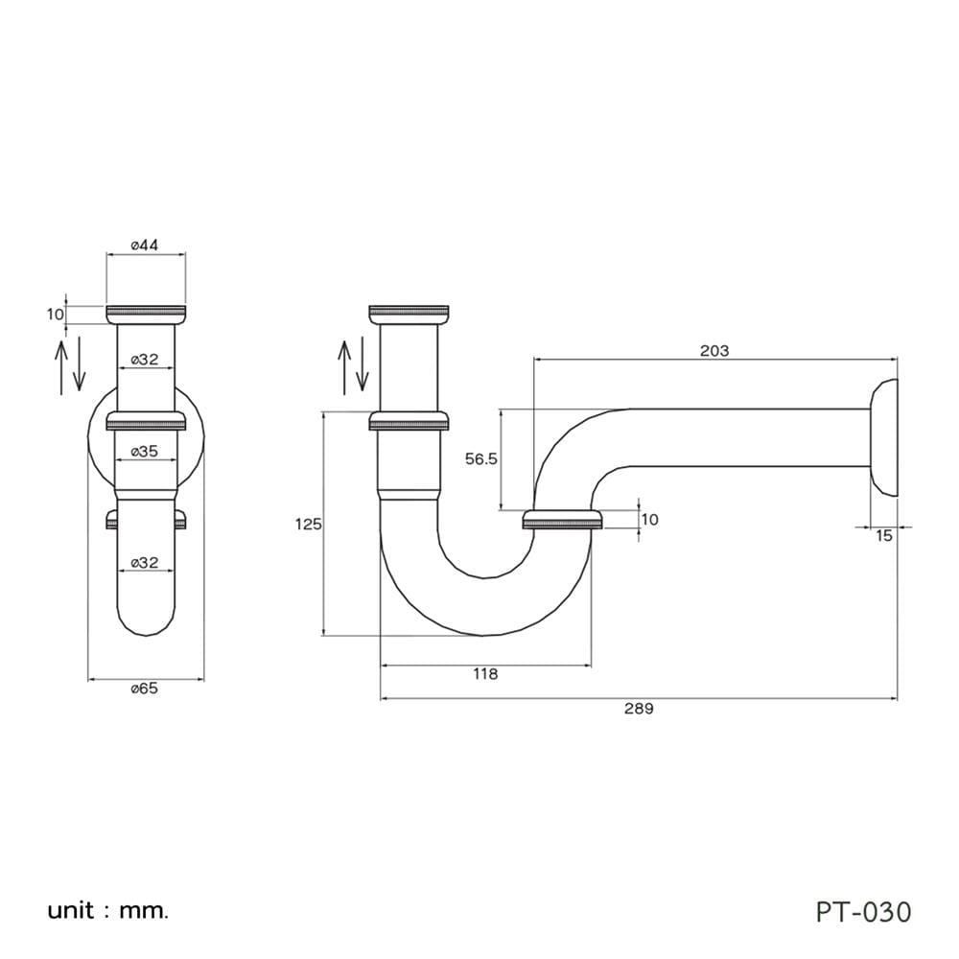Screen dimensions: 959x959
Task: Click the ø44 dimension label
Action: click(x=145, y=246)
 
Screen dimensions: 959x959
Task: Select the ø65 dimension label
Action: click(x=145, y=689)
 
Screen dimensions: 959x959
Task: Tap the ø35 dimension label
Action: click(x=145, y=452)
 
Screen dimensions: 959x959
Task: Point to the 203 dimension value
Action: click(x=714, y=350)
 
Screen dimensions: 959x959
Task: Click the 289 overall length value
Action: click(x=639, y=709)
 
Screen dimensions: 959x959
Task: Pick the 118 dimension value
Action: click(x=485, y=673)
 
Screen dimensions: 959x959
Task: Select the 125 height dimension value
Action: click(x=308, y=525)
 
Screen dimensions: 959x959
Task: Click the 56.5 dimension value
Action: click(x=481, y=458)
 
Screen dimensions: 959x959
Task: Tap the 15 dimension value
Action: click(x=884, y=536)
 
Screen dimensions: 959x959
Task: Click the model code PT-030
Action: click(x=864, y=911)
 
